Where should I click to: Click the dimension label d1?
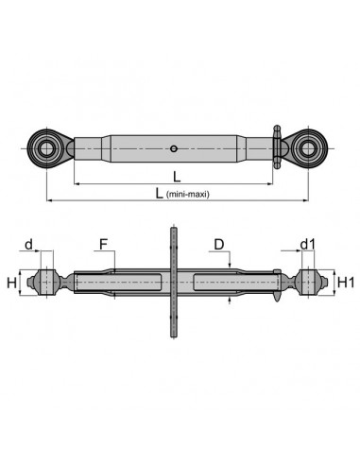click(307, 244)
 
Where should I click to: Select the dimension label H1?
click(346, 283)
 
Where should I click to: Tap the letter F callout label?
click(103, 244)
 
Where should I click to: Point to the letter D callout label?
click(219, 244)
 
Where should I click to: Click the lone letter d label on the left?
click(28, 244)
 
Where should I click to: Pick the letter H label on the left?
click(11, 283)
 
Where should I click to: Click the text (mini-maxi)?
click(187, 194)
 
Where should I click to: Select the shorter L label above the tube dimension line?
click(177, 177)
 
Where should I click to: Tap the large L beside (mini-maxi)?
click(160, 193)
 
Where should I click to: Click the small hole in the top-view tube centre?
click(173, 148)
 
